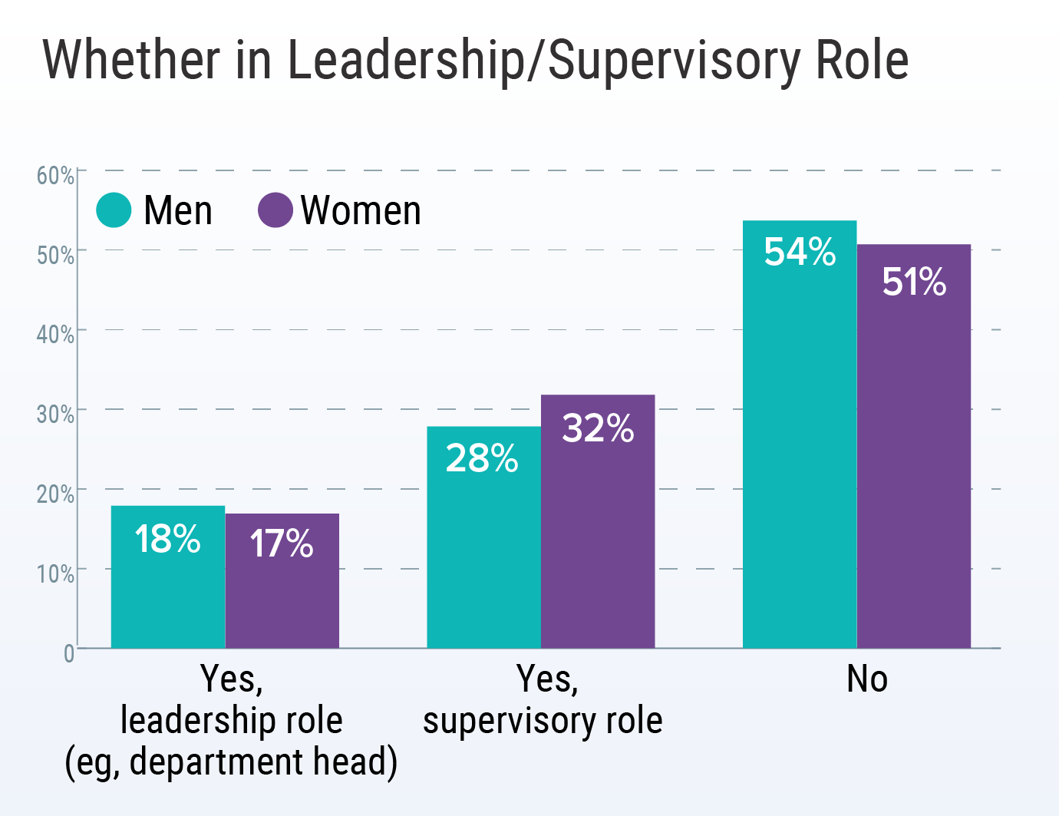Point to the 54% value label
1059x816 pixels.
800,252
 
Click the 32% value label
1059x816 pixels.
598,428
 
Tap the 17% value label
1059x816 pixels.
282,543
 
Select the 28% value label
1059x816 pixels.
482,458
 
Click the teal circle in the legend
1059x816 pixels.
114,210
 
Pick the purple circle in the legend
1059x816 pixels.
275,210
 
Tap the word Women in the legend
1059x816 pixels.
361,210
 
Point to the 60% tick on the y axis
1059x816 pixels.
55,176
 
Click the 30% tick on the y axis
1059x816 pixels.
55,415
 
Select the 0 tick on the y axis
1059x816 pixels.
68,653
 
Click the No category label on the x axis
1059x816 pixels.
867,679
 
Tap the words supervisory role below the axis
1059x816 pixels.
543,721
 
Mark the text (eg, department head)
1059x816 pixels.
231,762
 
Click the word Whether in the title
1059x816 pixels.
131,60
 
